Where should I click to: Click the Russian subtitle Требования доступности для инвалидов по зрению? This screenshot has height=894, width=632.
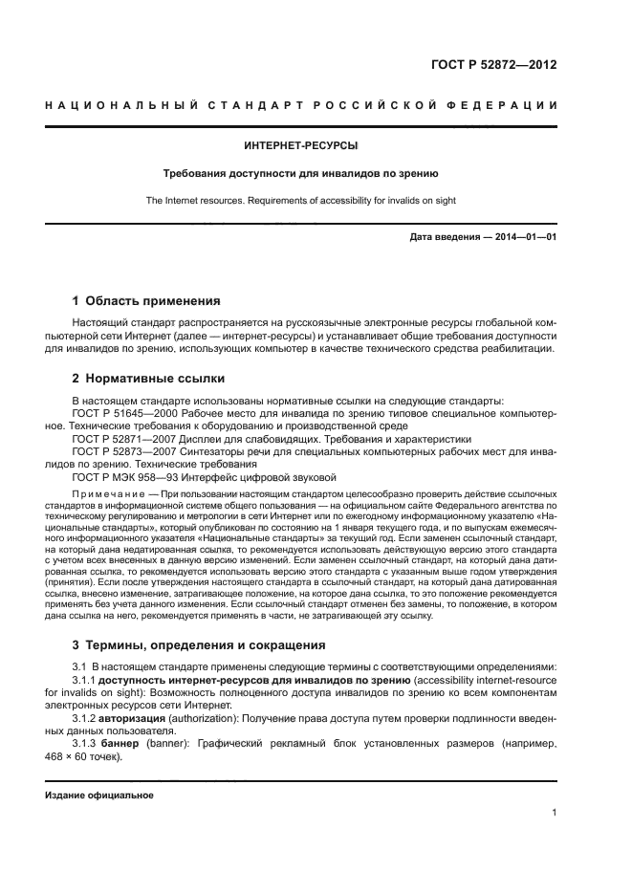[301, 174]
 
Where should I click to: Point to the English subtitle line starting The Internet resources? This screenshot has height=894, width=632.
[301, 201]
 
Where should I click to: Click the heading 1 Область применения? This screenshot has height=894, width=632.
[146, 300]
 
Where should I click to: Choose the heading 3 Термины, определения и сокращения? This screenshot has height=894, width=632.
[199, 644]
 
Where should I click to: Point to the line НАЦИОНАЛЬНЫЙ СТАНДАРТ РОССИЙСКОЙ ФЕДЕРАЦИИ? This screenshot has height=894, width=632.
[301, 104]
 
